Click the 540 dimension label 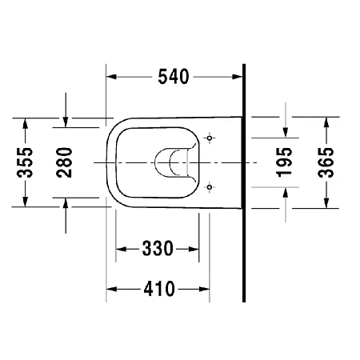tap(173, 77)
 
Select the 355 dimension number tap(26, 162)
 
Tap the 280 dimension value tap(65, 162)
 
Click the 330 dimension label tap(158, 249)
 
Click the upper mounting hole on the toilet tap(210, 138)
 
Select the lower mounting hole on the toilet tap(210, 188)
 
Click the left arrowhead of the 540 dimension tap(113, 77)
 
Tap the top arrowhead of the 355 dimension tap(26, 122)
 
